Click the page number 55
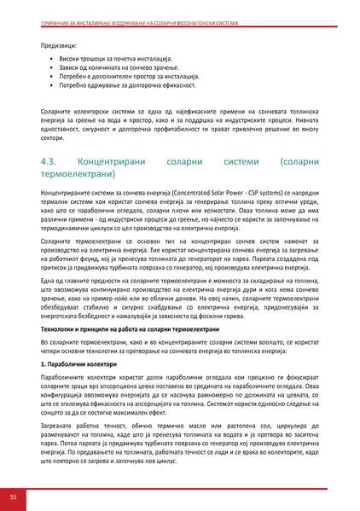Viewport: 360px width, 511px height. tap(13, 496)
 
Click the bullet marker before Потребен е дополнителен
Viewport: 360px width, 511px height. tap(53, 76)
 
